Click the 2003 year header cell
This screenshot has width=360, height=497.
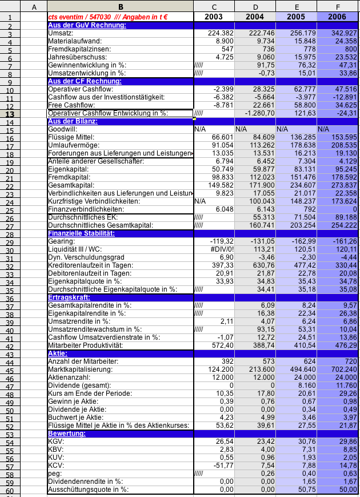[214, 17]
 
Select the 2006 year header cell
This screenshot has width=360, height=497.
[337, 17]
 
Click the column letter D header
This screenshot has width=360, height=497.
[255, 6]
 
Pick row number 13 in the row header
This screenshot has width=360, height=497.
[10, 113]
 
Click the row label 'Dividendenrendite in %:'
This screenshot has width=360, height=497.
[86, 482]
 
